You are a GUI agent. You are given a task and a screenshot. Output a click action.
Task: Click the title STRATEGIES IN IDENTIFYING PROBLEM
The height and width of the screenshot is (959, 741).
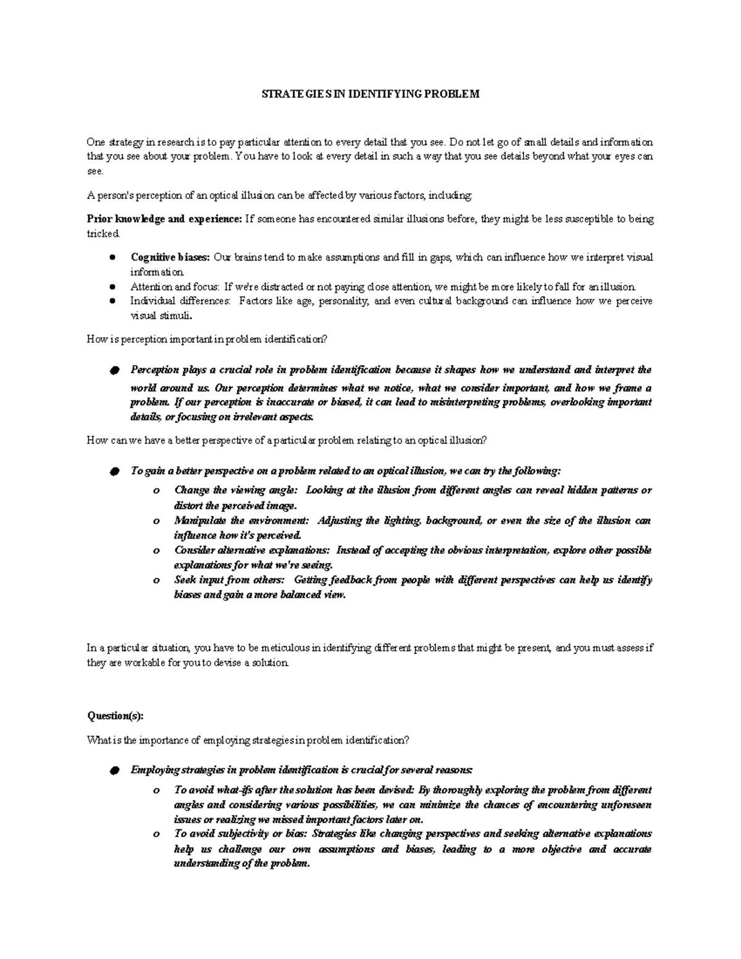(370, 94)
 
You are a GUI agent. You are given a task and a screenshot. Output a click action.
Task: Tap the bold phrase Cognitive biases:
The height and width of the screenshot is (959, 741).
(170, 258)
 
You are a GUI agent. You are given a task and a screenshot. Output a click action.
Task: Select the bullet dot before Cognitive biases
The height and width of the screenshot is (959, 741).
(112, 258)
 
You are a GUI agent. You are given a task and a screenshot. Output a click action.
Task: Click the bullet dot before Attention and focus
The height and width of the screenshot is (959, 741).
(112, 287)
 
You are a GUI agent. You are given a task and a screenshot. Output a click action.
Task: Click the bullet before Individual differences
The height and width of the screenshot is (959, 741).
(112, 302)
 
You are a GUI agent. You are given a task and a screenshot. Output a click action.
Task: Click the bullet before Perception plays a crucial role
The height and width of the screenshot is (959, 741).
(113, 371)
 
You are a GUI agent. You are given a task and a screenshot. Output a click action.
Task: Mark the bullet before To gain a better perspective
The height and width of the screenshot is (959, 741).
(113, 472)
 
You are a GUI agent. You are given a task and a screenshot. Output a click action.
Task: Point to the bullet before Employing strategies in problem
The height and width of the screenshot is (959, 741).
(113, 771)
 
